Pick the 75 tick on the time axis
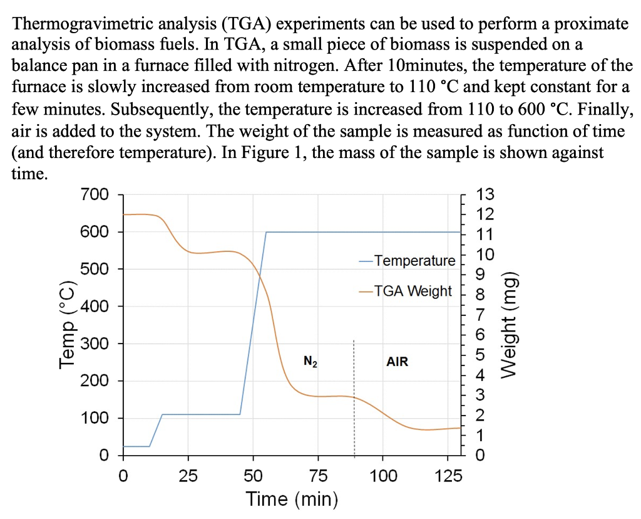(x=318, y=476)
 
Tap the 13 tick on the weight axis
(x=485, y=195)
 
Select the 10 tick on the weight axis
(x=485, y=254)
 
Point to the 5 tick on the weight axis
(x=480, y=355)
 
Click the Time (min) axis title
(x=292, y=500)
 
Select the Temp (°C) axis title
(x=66, y=326)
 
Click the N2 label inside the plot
(x=310, y=362)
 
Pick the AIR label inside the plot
(x=397, y=362)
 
